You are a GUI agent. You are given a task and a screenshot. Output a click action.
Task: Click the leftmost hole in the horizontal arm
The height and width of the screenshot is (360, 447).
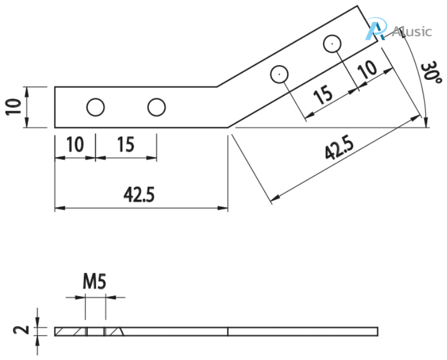coord(95,108)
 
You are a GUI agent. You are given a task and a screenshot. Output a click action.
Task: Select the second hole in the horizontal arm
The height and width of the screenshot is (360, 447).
coord(157,108)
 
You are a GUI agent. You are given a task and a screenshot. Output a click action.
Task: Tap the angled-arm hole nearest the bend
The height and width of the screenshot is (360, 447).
coord(280,73)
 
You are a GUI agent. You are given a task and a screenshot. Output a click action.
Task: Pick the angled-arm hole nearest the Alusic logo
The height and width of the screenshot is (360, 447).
coord(332,43)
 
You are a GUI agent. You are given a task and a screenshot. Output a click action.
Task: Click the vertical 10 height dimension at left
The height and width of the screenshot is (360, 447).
coord(14,107)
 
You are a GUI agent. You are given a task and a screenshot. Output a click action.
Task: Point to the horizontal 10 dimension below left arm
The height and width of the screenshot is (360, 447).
coord(75,145)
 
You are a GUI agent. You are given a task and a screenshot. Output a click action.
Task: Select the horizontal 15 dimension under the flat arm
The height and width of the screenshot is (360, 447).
coord(126,145)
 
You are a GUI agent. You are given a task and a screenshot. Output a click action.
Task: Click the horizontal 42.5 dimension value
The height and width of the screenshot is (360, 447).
coord(139,195)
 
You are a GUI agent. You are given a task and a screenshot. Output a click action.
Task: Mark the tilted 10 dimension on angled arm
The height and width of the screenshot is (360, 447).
coord(367,69)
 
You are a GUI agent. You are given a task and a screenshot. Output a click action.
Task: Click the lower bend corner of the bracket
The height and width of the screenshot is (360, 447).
coord(228,127)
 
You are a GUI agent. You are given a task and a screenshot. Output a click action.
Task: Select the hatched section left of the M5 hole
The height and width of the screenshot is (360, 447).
coord(71,331)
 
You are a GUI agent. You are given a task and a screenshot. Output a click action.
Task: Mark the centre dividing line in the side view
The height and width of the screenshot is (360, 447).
coord(228,331)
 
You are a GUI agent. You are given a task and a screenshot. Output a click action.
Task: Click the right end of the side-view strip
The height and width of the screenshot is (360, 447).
coord(377,331)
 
